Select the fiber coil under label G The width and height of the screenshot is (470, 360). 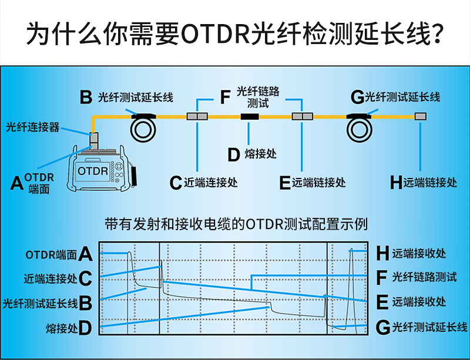(x=358, y=129)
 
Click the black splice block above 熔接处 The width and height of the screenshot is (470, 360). (x=250, y=117)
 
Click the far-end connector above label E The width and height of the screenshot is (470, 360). (x=301, y=117)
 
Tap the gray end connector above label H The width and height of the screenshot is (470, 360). (x=420, y=117)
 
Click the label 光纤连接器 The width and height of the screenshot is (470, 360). (x=33, y=126)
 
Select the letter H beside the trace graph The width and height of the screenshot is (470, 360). (x=382, y=254)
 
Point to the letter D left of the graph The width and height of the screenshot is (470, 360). (x=85, y=328)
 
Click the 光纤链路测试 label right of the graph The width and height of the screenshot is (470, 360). (x=424, y=277)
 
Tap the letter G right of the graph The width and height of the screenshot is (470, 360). (x=382, y=328)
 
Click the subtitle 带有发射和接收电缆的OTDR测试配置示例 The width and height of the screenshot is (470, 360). (x=235, y=224)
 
